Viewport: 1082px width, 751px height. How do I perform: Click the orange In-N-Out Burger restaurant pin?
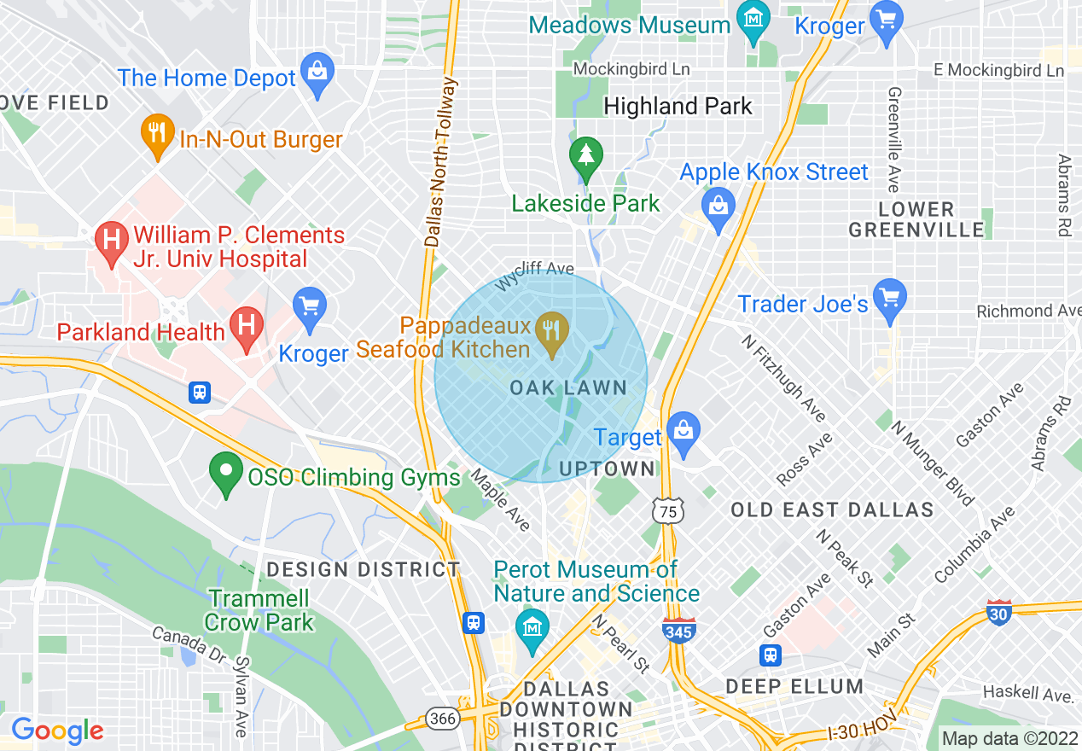coord(157,135)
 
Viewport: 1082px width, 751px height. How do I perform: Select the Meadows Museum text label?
coord(630,25)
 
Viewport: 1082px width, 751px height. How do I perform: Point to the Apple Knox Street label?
coord(774,172)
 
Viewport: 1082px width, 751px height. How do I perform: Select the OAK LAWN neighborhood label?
coord(568,388)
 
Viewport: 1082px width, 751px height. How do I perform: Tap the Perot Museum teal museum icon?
coord(532,629)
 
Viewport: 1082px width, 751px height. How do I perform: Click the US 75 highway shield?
coord(667,511)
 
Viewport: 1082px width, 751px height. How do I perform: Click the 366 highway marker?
coord(443,719)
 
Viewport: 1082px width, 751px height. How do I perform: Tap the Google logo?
coord(57,731)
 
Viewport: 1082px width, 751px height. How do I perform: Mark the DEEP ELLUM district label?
coord(794,686)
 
